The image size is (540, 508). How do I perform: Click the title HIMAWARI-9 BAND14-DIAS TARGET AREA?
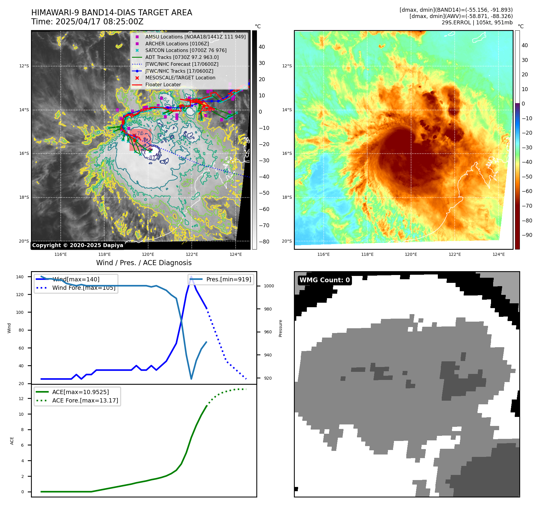(111, 13)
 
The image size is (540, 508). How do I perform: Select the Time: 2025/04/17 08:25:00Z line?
(87, 22)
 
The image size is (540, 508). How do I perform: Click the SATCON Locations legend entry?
(186, 50)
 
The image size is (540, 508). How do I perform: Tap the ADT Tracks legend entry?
(182, 57)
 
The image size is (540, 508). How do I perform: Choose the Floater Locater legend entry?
(163, 85)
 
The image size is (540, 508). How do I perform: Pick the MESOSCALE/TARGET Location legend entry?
(180, 78)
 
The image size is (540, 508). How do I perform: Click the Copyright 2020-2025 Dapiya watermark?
(78, 245)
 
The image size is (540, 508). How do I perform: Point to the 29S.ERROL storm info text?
(477, 23)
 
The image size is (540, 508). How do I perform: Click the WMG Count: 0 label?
(325, 280)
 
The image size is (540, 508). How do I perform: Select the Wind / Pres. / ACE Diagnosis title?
(144, 263)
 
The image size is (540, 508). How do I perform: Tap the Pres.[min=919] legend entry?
(228, 279)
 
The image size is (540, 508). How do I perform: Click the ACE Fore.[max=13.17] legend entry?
(85, 401)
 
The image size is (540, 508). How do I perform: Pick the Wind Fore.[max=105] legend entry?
(84, 288)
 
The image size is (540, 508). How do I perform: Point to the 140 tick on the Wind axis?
(20, 277)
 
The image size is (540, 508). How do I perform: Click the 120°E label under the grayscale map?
(148, 254)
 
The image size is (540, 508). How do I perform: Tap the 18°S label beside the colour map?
(287, 197)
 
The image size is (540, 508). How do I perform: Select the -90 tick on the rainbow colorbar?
(527, 235)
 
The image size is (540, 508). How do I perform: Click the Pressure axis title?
(280, 328)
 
